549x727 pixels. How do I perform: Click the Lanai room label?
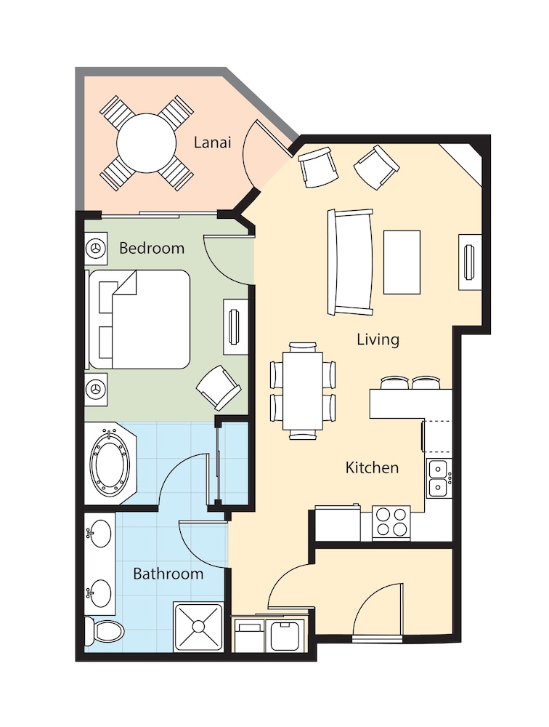coord(212,142)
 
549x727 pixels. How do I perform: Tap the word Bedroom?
coord(152,248)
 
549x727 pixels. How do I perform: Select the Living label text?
coord(378,340)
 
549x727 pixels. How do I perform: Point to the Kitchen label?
coord(372,467)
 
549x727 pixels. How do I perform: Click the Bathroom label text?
coord(168,574)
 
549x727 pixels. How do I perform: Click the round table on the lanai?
coord(147,143)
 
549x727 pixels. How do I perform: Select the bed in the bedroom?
coord(139,320)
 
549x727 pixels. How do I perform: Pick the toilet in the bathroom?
coord(105,631)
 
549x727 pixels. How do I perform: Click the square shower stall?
coord(198,627)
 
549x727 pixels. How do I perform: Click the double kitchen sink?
coord(438,479)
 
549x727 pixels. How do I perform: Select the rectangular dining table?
coord(303,391)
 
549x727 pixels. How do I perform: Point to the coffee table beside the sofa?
coord(402,262)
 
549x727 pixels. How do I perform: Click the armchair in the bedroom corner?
coord(219,387)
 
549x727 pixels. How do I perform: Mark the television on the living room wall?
coord(470,262)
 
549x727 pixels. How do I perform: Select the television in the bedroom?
coord(235,326)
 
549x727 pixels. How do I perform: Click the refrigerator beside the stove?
coord(338,523)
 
